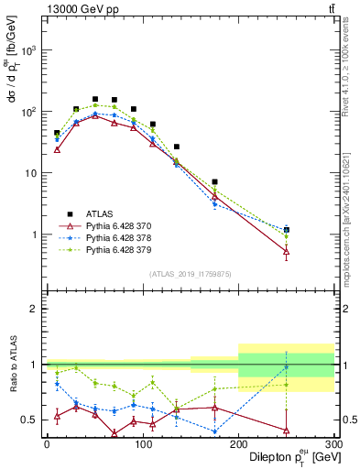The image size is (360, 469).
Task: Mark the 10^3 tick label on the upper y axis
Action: [29, 51]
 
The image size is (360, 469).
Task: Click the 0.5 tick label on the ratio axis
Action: [29, 420]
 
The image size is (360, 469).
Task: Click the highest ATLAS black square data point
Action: [95, 99]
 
